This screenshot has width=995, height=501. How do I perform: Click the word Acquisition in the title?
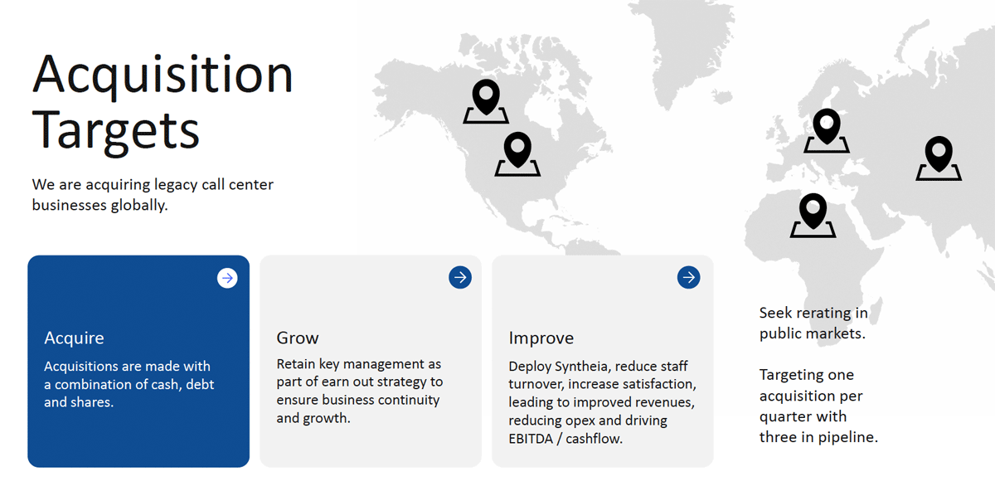(163, 75)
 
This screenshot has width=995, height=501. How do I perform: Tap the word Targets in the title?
(115, 132)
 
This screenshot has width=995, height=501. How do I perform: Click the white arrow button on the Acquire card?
(227, 278)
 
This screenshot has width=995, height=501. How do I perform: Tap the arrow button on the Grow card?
(460, 277)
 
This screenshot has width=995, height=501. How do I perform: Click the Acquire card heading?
(74, 338)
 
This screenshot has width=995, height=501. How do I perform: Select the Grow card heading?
(298, 338)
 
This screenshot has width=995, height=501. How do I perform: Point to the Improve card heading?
(541, 338)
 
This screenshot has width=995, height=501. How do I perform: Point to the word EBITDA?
(531, 439)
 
